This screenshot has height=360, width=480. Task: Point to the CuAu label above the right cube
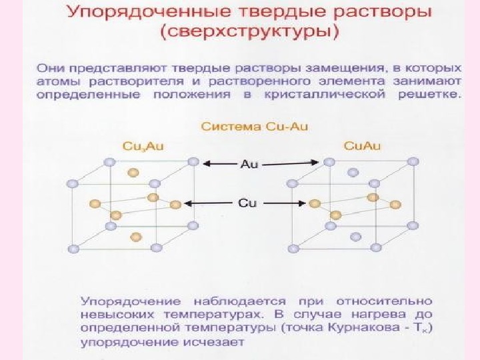362,145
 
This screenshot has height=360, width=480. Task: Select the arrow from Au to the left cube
219,163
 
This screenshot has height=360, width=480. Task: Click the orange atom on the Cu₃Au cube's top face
133,172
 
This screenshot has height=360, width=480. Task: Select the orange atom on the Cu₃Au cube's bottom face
136,236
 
